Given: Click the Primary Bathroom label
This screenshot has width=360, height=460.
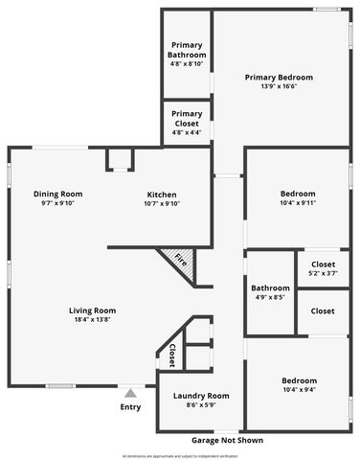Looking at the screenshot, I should (186, 50).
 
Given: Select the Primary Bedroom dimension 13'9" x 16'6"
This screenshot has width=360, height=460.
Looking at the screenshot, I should (279, 86).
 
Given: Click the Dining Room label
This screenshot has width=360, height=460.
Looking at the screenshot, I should (57, 193).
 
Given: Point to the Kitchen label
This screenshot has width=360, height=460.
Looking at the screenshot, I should (162, 193).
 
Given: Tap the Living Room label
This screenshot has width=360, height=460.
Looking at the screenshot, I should (92, 310).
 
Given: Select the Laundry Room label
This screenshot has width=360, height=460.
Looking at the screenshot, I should (201, 396).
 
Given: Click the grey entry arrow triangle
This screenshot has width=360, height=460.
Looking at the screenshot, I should (130, 392).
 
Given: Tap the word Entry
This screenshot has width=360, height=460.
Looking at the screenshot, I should (130, 407).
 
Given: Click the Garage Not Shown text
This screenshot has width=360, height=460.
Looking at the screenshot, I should (228, 441).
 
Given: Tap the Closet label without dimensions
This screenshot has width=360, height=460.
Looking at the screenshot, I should (323, 310).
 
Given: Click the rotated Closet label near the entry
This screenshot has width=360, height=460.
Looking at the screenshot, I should (172, 354).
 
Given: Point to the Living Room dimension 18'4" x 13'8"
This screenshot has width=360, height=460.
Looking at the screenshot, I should (92, 319).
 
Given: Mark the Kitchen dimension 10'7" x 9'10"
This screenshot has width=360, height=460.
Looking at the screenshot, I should (162, 203).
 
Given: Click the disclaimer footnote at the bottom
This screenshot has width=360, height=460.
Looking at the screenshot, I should (180, 455).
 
